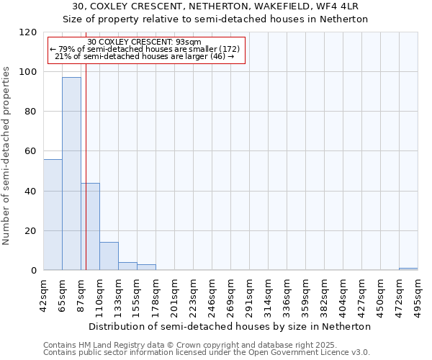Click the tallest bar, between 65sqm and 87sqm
tap(71, 174)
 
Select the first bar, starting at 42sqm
tap(53, 215)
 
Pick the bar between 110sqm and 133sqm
tap(109, 256)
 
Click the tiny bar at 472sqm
tap(408, 269)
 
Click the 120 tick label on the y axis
tap(28, 32)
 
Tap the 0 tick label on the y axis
tap(34, 271)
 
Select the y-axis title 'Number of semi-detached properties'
tap(6, 152)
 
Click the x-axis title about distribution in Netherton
tap(230, 326)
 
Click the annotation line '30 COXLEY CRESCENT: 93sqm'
tap(145, 42)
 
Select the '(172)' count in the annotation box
tap(225, 49)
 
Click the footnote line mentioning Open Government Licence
tap(206, 352)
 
